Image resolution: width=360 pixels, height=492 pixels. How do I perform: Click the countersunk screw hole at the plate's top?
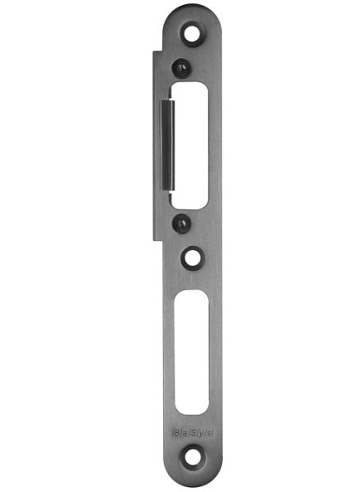tap(193, 34)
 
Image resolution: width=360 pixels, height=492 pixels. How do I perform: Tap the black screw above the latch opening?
tap(180, 68)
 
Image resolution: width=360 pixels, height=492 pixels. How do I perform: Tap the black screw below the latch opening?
tap(180, 222)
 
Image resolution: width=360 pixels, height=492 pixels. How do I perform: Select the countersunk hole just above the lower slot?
tap(193, 257)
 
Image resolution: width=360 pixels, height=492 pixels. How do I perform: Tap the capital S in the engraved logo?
tap(194, 427)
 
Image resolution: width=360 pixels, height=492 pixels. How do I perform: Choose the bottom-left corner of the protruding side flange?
tap(153, 239)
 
